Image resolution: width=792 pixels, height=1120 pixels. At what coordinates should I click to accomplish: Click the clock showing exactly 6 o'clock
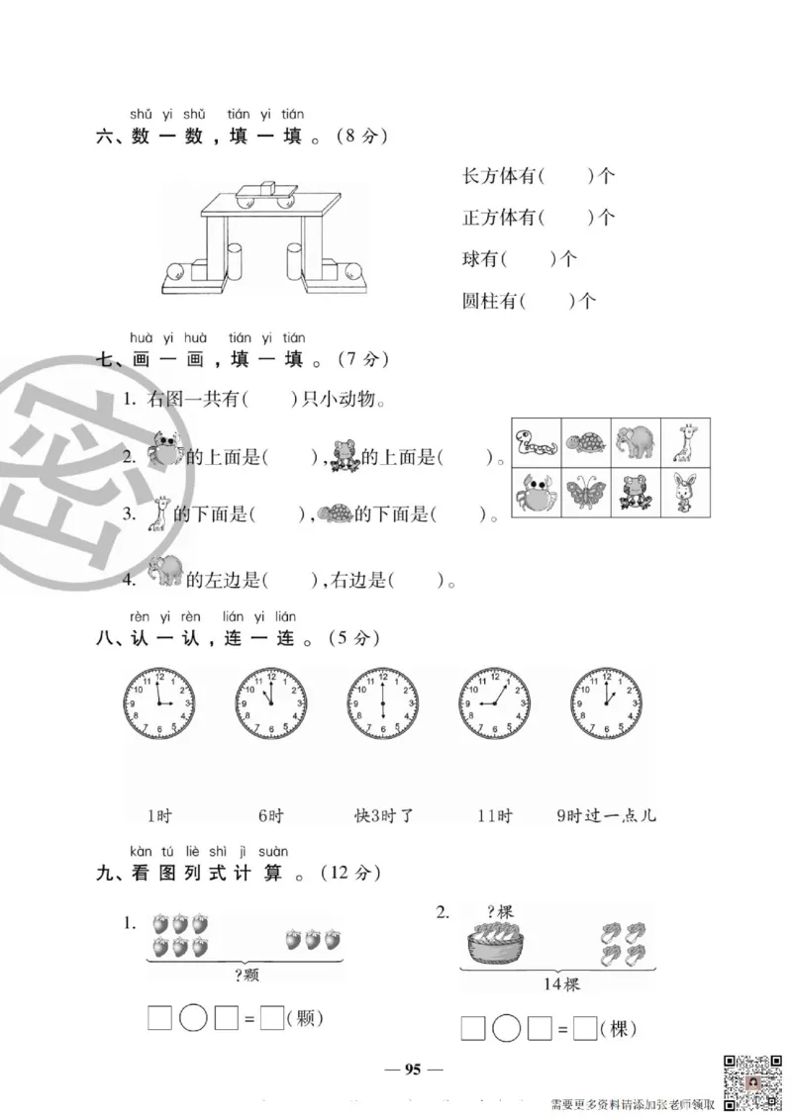point(383,703)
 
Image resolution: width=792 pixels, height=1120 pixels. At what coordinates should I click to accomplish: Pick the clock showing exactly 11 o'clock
point(271,703)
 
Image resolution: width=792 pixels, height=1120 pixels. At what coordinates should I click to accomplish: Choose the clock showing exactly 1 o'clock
point(606,703)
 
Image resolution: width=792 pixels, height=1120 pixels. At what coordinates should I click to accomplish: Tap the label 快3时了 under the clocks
point(383,816)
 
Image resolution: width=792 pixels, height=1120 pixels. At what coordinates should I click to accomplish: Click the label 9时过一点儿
point(606,816)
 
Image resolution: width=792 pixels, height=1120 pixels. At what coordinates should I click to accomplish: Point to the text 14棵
point(560,984)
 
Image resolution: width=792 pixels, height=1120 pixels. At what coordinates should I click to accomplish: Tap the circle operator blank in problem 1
point(194,1018)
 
